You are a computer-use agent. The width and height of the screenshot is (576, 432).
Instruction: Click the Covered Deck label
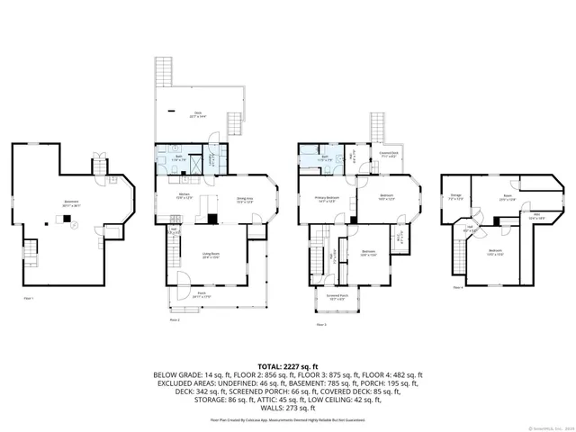(x=389, y=156)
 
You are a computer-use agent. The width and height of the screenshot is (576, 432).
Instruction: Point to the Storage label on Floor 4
(x=456, y=197)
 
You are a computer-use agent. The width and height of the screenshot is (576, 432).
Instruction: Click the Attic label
(x=536, y=216)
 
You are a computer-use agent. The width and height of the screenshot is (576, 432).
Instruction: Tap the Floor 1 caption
(x=28, y=298)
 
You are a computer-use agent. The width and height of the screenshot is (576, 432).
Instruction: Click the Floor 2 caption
(x=174, y=319)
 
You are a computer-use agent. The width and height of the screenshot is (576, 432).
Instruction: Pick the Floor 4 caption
(x=458, y=288)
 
